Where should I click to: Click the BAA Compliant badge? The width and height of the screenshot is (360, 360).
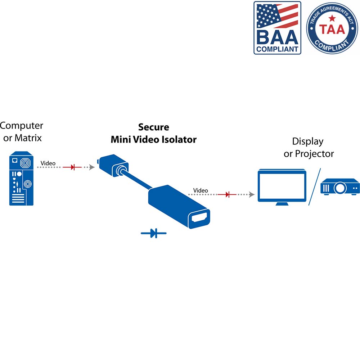coord(277,28)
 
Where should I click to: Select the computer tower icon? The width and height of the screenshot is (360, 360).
coord(21,179)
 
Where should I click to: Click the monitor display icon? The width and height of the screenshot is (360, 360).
coord(282,187)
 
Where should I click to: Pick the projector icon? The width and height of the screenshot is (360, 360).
coord(340,186)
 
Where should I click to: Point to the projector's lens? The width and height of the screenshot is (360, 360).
coord(340,188)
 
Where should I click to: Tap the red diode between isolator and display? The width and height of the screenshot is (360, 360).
coord(227,195)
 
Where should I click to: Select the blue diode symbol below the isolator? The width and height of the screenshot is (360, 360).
coord(154,234)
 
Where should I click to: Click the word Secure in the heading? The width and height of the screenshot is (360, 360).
coord(154,127)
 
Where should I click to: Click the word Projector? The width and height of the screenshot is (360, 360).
coord(314,154)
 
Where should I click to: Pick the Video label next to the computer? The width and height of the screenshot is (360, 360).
coord(48,163)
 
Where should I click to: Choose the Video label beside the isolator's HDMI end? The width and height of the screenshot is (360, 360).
coord(201,190)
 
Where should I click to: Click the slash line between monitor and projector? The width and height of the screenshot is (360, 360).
coord(314,186)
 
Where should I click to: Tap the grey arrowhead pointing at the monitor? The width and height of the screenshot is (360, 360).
coord(252,195)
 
